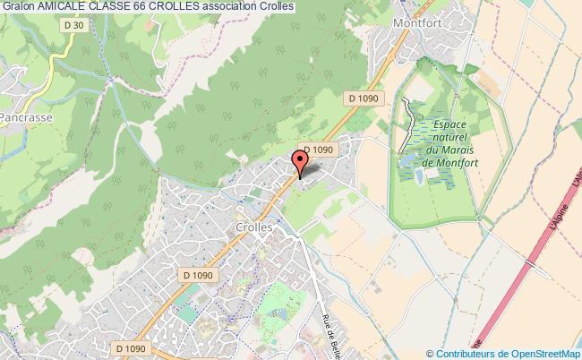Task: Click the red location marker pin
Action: [301, 161]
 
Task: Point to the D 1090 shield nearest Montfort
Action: [364, 98]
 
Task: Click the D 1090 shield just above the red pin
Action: [318, 150]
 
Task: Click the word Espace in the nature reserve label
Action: [452, 127]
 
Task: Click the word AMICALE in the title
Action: [62, 6]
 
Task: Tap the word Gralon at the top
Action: [18, 6]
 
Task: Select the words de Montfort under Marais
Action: [452, 163]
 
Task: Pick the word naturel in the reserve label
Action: [452, 139]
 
